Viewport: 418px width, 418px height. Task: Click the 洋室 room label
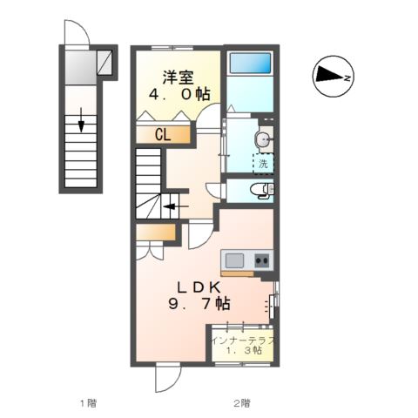(x=178, y=78)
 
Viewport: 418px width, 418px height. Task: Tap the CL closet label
(x=163, y=135)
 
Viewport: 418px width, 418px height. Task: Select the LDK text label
(x=199, y=287)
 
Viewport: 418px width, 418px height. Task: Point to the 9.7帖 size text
(x=199, y=304)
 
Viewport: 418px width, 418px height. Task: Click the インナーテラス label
(x=243, y=340)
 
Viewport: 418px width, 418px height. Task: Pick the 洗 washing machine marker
(x=263, y=164)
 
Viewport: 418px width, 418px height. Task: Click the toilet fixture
(x=262, y=191)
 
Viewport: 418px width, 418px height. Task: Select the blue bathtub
(x=250, y=63)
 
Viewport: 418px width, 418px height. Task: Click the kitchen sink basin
(x=234, y=260)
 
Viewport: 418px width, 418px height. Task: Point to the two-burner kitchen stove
(x=262, y=260)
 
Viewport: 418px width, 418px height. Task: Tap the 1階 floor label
(x=88, y=403)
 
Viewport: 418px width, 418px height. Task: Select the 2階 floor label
(x=241, y=403)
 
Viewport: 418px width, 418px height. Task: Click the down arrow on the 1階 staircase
(x=81, y=120)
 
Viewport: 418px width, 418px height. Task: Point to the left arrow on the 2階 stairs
(x=176, y=206)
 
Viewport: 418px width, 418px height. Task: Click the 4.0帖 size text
(x=179, y=94)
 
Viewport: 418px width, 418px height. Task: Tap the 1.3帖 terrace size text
(x=244, y=350)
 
